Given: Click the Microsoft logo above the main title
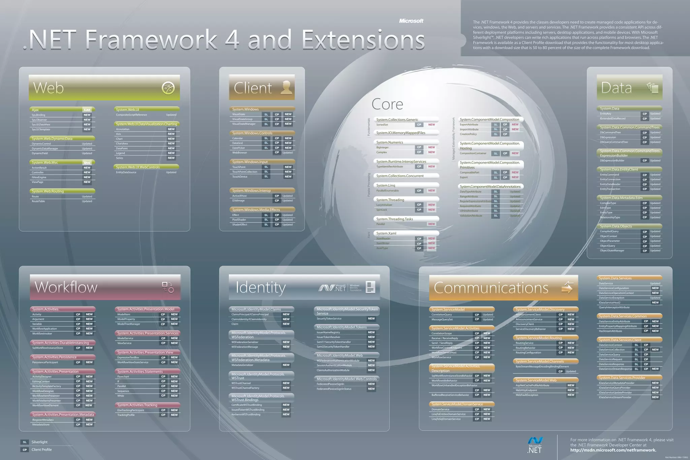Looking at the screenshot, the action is (x=411, y=21).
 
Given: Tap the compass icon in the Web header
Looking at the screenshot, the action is (x=168, y=88).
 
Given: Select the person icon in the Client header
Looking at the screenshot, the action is (x=286, y=87).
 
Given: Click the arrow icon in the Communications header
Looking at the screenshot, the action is (x=567, y=287).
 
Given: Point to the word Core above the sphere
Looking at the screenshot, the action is (x=387, y=104).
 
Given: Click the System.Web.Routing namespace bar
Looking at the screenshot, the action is (x=62, y=191).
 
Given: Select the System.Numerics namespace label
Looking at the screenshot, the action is (x=389, y=142).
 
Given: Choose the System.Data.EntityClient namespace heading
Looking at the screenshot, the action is (x=619, y=170).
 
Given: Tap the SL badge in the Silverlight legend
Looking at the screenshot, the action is (x=25, y=442).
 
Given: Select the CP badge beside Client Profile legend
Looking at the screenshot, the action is (x=25, y=450).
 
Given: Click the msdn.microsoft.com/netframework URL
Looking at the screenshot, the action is (x=613, y=450).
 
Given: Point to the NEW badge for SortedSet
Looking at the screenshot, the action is (x=432, y=125).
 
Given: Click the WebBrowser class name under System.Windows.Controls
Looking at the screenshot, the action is (x=240, y=153).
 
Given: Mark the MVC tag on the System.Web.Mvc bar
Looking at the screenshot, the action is (x=87, y=163).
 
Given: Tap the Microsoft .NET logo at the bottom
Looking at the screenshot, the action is (x=535, y=444).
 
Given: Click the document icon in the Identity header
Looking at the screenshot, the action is (x=370, y=287).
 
